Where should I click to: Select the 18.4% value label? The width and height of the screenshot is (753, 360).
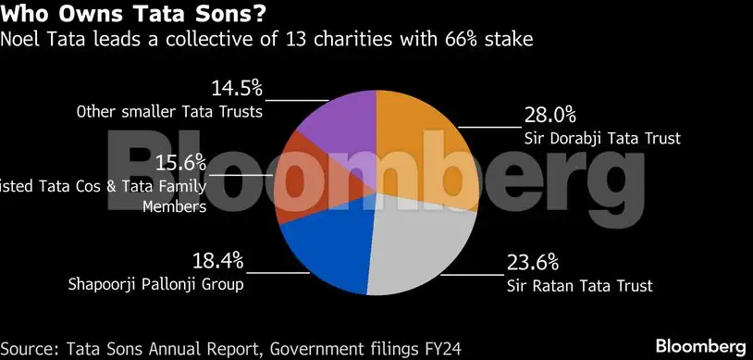point(217,260)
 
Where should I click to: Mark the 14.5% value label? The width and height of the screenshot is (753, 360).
point(237,88)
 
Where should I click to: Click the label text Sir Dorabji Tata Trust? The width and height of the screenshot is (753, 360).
point(600,138)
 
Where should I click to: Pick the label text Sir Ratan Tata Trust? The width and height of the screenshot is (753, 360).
point(579,285)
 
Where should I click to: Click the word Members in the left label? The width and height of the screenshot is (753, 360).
point(174,206)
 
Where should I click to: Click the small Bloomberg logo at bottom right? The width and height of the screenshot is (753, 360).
point(699,345)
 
